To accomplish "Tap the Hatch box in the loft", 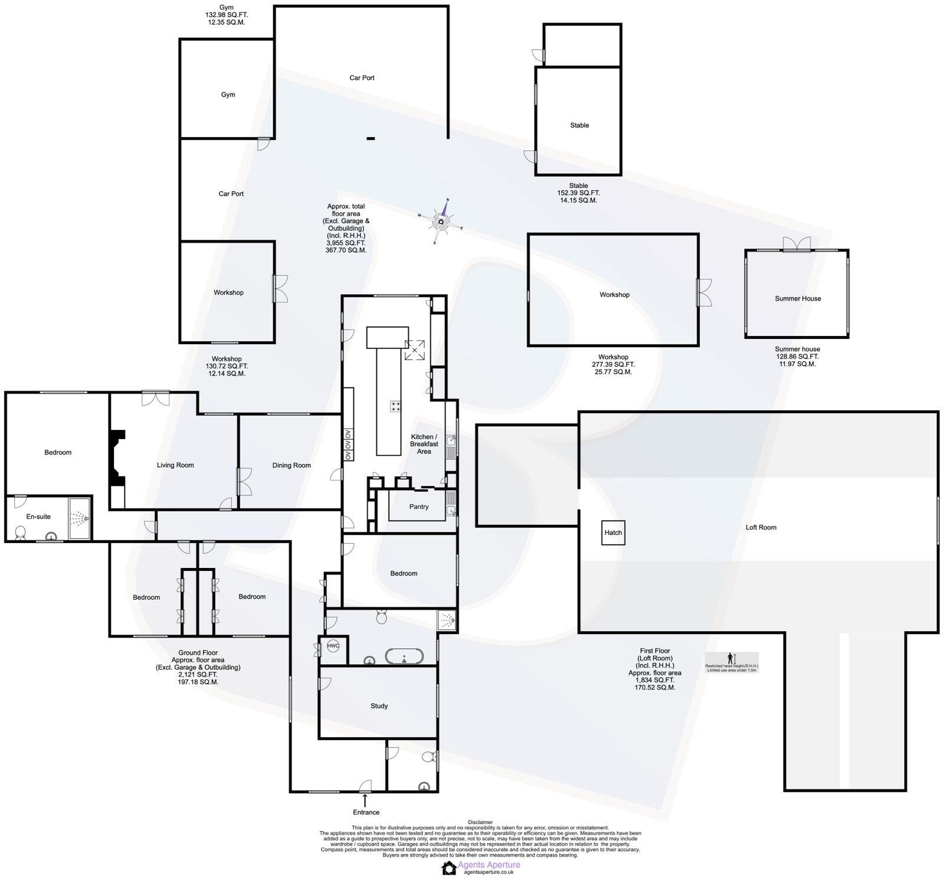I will [x=613, y=532].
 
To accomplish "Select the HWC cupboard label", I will [x=333, y=646].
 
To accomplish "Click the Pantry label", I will [x=419, y=507].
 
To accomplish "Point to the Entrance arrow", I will [x=365, y=801].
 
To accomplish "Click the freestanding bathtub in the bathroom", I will [x=404, y=656].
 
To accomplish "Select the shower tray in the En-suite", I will [x=80, y=518].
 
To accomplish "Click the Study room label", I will [x=379, y=706].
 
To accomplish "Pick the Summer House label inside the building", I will [x=798, y=299].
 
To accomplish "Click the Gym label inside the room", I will [x=228, y=94].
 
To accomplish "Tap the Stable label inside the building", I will [x=579, y=125].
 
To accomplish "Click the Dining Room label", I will [x=291, y=465].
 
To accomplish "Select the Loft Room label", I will [x=761, y=527].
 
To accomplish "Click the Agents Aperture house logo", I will [x=449, y=867].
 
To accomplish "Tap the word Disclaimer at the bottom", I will [x=480, y=822].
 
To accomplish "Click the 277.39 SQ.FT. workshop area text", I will [x=613, y=364].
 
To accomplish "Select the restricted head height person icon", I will [x=730, y=658].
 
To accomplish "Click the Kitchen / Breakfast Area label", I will [x=424, y=444].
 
